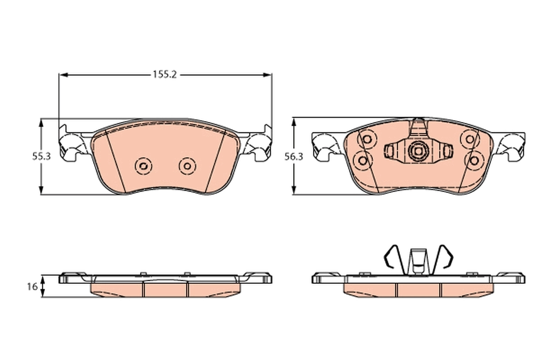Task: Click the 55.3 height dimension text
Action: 40,157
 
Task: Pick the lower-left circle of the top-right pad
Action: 362,159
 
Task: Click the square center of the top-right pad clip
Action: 418,150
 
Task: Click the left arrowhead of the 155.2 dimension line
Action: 63,75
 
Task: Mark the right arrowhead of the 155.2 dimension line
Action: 269,75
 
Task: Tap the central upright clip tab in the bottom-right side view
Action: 418,261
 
